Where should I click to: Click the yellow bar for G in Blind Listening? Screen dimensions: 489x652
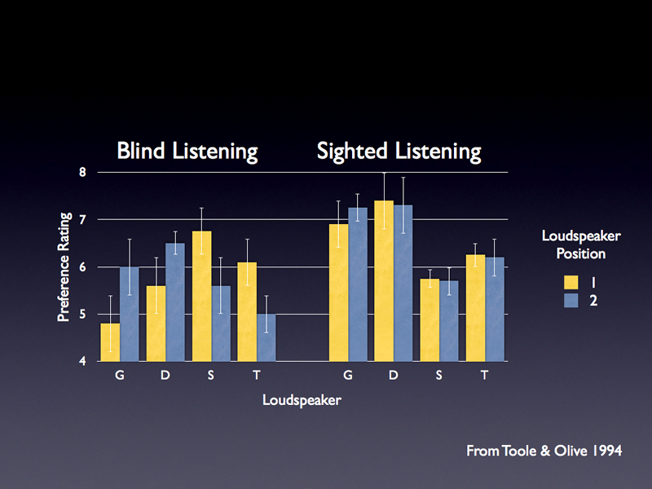pos(110,342)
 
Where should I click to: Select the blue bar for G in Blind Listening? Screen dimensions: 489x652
pos(130,314)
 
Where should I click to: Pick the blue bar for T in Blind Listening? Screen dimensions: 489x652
pos(267,337)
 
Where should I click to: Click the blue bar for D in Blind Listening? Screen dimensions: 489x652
pos(175,302)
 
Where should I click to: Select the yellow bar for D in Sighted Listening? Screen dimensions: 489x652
pos(384,280)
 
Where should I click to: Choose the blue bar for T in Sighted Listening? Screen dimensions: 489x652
pos(495,309)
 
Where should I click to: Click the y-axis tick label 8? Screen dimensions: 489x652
pos(82,172)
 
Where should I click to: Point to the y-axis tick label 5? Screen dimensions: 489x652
pos(82,315)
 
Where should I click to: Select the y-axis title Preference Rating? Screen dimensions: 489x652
pos(63,267)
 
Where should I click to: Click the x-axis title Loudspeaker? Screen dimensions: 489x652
pos(302,400)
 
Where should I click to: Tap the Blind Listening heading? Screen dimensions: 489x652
pos(187,151)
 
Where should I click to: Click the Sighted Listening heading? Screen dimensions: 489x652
pos(399,151)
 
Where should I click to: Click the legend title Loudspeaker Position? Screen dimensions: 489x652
pos(581,244)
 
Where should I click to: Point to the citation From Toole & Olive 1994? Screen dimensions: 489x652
pos(544,451)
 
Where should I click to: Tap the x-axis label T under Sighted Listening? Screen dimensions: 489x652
pos(484,375)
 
